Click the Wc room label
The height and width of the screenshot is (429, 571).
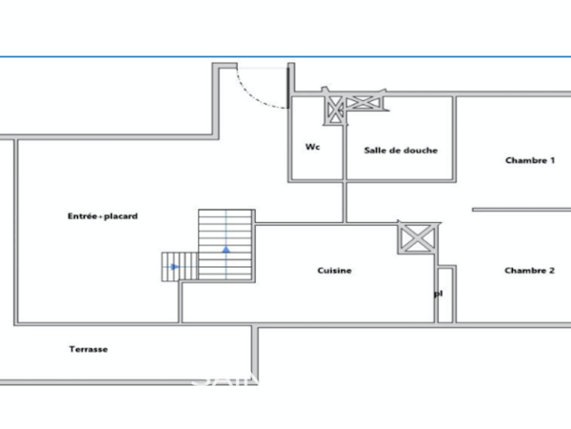[x=312, y=147]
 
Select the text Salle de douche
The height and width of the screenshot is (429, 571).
[x=401, y=150]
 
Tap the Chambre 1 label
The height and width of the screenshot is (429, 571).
[x=529, y=160]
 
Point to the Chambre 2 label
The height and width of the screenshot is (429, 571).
[x=529, y=271]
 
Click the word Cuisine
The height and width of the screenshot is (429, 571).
[x=334, y=271]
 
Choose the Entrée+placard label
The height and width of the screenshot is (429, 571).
[x=103, y=216]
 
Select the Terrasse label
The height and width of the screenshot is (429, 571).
[x=89, y=349]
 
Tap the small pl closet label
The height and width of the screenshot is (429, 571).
[x=438, y=294]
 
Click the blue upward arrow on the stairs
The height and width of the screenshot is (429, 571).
[x=226, y=249]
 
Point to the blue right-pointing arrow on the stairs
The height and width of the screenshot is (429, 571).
[x=174, y=267]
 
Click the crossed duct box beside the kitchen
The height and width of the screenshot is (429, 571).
[x=416, y=237]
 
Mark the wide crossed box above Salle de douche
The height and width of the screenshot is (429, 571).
[x=364, y=103]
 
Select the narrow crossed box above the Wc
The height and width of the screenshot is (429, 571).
[x=334, y=109]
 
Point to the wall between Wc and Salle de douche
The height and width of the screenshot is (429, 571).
[x=344, y=143]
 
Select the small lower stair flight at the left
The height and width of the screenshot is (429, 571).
[x=179, y=266]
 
